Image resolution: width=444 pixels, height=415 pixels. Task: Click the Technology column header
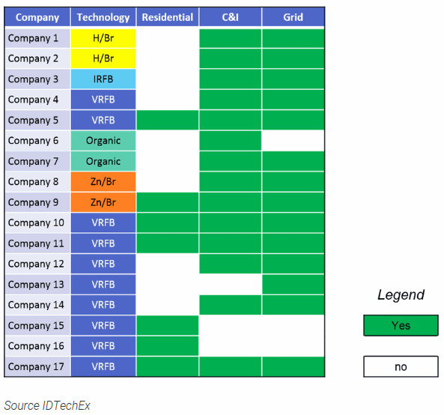[103, 17]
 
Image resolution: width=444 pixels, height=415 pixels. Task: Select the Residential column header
[168, 17]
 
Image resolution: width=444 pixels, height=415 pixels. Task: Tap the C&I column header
[230, 17]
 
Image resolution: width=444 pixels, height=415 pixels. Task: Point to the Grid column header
[293, 17]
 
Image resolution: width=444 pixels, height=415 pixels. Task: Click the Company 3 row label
[33, 79]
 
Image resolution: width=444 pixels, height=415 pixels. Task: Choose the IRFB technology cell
[103, 79]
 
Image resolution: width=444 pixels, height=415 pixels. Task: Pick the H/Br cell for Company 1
[103, 38]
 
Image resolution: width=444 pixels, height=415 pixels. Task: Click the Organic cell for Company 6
[103, 141]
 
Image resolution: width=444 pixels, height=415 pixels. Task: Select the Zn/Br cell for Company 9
[103, 202]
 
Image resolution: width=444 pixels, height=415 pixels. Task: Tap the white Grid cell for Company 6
[293, 141]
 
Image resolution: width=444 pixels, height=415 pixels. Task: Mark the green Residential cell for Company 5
[168, 120]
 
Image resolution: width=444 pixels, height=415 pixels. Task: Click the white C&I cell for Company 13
[230, 285]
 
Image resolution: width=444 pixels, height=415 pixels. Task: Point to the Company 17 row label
[36, 366]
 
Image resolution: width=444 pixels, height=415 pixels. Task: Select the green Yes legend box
[401, 326]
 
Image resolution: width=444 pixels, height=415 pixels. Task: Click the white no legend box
[401, 366]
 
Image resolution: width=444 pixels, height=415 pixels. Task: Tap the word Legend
[401, 295]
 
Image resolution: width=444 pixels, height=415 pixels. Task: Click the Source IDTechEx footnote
[47, 405]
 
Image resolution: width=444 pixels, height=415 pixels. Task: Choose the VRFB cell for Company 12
[103, 264]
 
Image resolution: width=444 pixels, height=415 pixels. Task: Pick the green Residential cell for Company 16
[168, 346]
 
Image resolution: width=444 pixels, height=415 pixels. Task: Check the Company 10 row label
[36, 222]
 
